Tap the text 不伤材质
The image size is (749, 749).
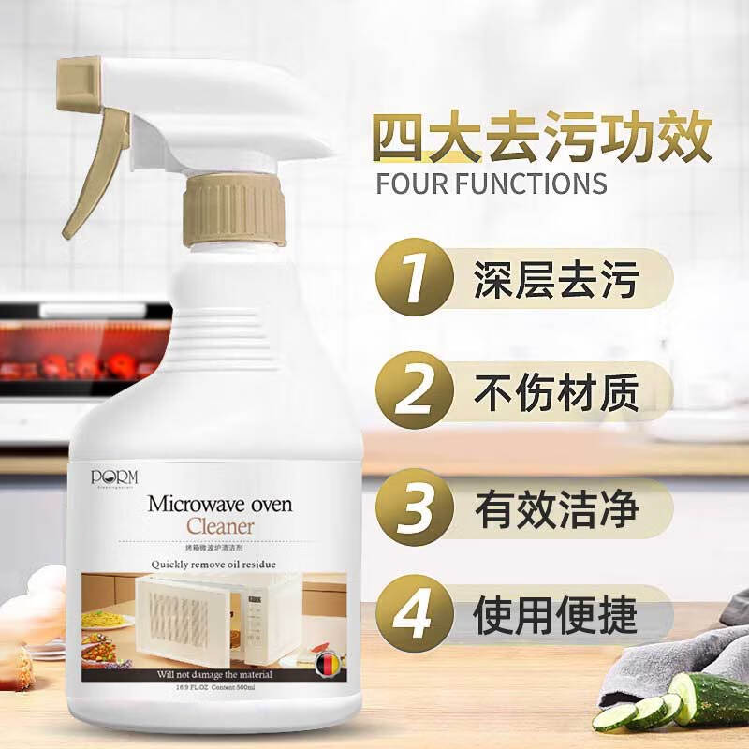(x=556, y=393)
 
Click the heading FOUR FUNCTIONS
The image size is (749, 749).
(x=492, y=182)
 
